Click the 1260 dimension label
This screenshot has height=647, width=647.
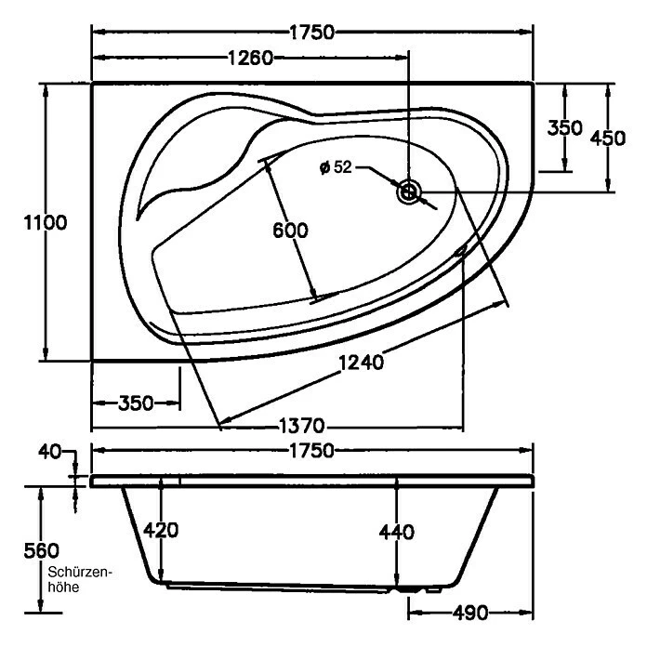[x=250, y=59]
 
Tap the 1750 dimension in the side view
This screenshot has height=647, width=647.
[x=311, y=451]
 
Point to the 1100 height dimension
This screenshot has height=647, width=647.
[x=21, y=223]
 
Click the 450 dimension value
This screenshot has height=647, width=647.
[x=608, y=138]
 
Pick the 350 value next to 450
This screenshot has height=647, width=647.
[x=564, y=128]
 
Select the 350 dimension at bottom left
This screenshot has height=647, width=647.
[x=136, y=403]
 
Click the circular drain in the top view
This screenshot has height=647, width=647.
[x=409, y=192]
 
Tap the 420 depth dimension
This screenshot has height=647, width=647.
[x=161, y=531]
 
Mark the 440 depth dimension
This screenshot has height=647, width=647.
[x=396, y=532]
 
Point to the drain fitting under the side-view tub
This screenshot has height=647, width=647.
[x=409, y=588]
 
